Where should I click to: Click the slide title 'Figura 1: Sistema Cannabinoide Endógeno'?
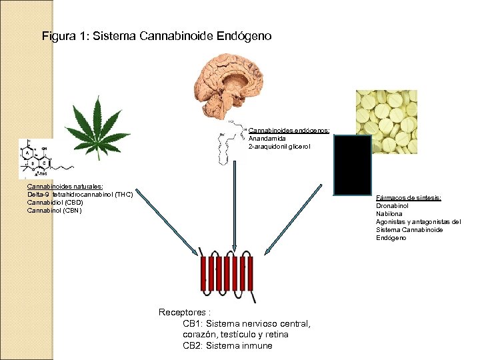157,36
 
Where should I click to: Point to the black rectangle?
352,165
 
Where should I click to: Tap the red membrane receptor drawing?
227,276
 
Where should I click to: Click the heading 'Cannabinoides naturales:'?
65,187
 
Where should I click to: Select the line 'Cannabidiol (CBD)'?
55,203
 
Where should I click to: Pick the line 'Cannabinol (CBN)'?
54,211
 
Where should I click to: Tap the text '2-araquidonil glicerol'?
279,147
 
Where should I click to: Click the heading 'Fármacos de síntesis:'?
409,198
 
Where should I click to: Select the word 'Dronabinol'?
393,206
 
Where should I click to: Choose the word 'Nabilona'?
389,214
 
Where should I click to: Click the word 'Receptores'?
182,312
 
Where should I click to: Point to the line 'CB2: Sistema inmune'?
227,345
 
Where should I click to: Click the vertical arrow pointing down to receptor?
234,200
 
